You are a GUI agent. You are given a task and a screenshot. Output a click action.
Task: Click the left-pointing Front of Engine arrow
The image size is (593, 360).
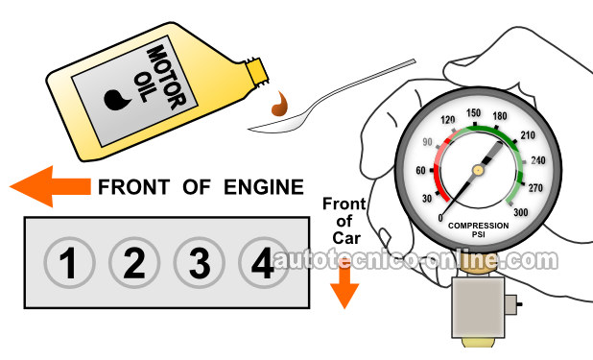tap(50, 186)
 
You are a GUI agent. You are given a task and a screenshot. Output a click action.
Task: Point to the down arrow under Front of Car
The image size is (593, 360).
tap(344, 288)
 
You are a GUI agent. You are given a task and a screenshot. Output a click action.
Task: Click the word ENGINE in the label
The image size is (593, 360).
tap(264, 187)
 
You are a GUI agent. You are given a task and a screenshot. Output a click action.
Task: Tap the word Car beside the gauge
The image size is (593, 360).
tap(346, 238)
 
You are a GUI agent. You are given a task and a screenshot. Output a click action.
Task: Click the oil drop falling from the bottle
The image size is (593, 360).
tap(280, 105)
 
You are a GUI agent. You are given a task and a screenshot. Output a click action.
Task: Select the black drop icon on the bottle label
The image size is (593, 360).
tap(116, 100)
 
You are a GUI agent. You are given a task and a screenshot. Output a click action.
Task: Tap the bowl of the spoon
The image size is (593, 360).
tap(276, 124)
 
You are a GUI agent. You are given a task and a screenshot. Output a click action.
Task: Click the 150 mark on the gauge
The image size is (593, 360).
tap(473, 113)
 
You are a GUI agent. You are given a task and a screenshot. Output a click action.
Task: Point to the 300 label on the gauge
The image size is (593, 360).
tap(520, 212)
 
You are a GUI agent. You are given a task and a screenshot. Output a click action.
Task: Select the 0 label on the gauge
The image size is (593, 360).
tap(440, 218)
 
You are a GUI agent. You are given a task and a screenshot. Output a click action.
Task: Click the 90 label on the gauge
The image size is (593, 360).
tap(427, 142)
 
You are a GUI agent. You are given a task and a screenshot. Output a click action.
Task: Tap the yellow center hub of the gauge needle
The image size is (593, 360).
tap(478, 170)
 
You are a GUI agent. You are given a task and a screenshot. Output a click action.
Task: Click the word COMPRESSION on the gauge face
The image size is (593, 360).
tap(479, 226)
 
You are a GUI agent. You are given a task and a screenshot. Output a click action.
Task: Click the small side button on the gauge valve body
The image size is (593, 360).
tap(511, 304)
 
